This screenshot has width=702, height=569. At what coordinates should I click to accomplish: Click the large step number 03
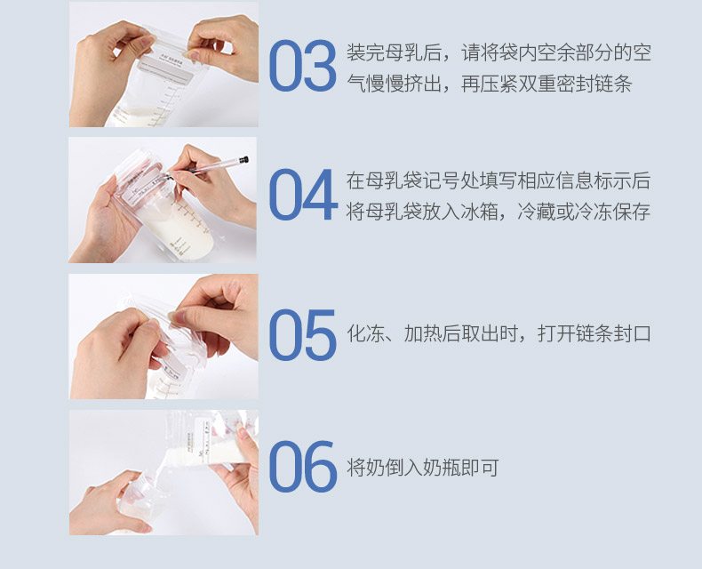click(303, 66)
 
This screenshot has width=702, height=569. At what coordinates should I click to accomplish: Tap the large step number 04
click(303, 195)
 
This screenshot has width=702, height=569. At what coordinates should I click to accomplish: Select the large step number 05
click(303, 334)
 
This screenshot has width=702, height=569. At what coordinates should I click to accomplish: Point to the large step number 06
click(303, 467)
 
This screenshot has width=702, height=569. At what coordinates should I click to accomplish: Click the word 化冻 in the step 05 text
click(365, 333)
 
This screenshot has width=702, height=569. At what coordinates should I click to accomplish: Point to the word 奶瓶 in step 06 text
click(442, 468)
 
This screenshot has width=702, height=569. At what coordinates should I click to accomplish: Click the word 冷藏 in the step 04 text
click(537, 212)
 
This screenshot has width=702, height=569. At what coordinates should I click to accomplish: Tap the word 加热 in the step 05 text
click(422, 333)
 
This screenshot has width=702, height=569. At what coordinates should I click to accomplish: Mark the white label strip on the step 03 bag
click(166, 70)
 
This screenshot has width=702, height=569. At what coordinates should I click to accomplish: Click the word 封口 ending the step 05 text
click(632, 333)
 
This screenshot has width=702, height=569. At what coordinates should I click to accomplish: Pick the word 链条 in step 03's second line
click(613, 84)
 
